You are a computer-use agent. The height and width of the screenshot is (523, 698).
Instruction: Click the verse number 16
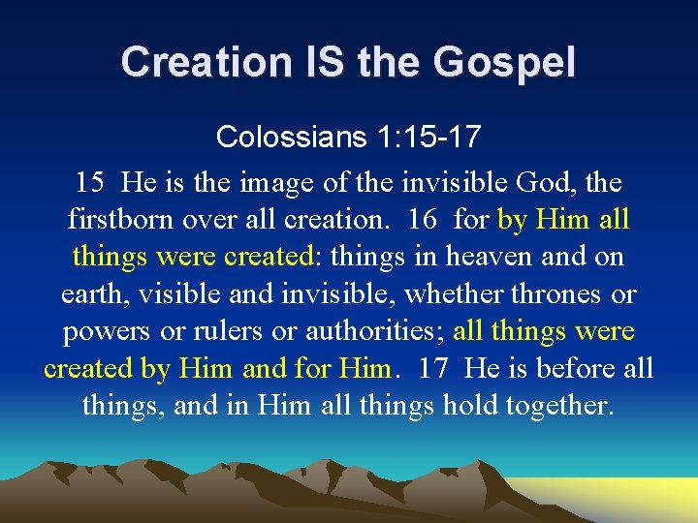(423, 219)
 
